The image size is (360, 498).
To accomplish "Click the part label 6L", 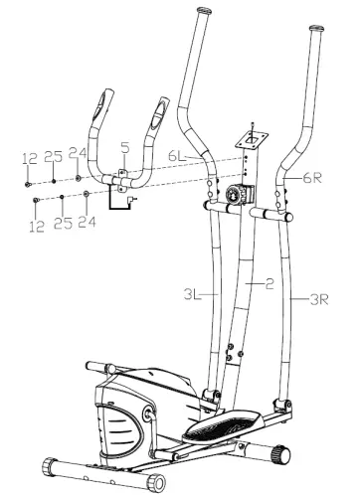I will [176, 156].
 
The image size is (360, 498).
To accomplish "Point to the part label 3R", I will [319, 296].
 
